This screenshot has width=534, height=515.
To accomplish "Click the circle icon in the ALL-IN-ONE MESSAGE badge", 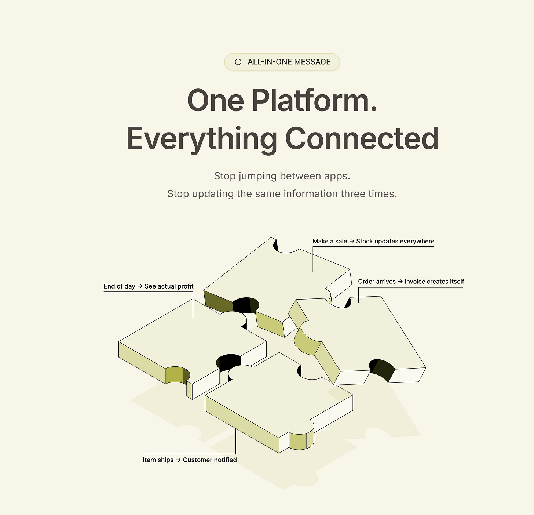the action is click(238, 62).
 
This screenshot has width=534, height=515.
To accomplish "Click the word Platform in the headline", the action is click(314, 101).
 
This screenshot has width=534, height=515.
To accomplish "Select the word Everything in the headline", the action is click(201, 139).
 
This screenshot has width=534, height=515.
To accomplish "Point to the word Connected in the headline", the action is click(362, 139).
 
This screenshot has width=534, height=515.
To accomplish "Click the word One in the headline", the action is click(215, 101).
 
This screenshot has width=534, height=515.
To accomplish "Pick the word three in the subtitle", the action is click(353, 194).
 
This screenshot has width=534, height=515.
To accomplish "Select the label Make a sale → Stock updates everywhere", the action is click(373, 242).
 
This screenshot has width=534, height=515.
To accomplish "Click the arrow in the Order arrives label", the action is click(400, 282).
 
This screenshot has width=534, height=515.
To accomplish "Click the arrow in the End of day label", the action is click(140, 286).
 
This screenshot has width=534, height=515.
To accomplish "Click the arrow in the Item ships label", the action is click(178, 460).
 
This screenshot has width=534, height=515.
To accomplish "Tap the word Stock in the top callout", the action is click(365, 242).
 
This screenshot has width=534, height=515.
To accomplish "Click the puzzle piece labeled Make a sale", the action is click(279, 275).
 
